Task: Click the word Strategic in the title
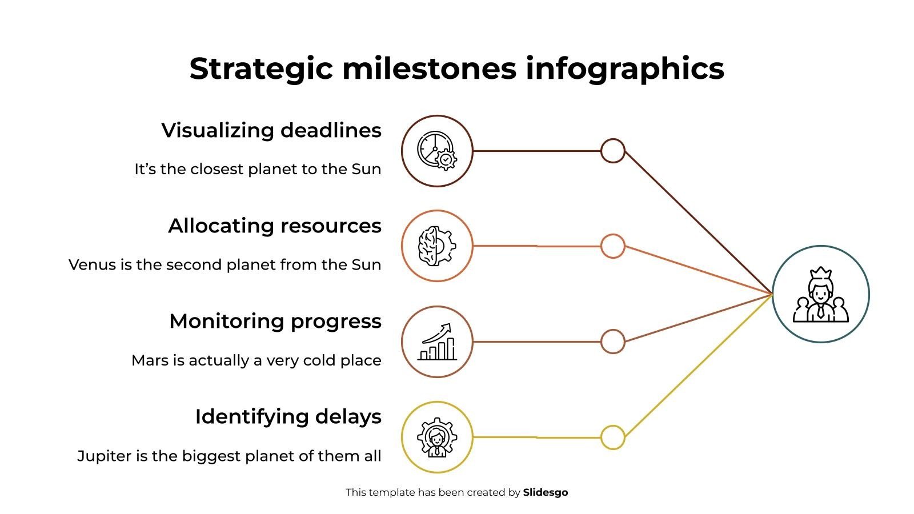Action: point(261,69)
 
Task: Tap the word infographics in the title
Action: point(625,69)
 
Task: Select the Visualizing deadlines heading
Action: point(271,130)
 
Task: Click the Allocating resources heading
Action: point(275,226)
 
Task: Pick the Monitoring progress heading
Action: point(275,321)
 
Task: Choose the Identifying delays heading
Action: point(288,416)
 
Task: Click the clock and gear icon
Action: point(437,151)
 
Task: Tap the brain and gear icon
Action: point(437,246)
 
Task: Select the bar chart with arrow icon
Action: point(437,342)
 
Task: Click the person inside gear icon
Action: point(437,437)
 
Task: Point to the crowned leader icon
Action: point(821,295)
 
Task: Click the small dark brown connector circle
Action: point(613,151)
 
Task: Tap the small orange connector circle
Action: point(613,246)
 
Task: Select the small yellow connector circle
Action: point(613,437)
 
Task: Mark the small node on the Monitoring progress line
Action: point(613,342)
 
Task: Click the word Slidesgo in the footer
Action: point(546,492)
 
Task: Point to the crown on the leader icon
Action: point(820,272)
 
